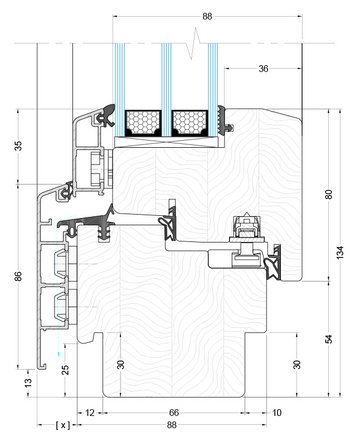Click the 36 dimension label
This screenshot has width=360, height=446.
point(263,69)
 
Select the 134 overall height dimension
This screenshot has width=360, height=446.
point(339,253)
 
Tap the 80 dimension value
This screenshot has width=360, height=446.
point(329,194)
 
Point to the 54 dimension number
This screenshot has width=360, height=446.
point(329,339)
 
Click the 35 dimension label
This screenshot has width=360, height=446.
point(19,146)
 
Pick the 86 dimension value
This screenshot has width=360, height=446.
point(19,276)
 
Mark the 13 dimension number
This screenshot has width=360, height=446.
point(29,382)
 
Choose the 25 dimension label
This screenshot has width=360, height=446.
point(66,370)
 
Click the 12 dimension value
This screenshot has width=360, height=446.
point(90,413)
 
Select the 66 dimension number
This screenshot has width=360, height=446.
point(174,413)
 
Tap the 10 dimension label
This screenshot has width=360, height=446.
point(277,413)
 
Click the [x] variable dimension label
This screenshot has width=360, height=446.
point(63,425)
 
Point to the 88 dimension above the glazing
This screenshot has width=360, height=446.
point(207,16)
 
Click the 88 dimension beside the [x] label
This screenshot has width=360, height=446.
point(171,425)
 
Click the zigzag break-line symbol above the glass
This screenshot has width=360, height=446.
point(194,43)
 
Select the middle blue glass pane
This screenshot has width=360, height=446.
point(166,90)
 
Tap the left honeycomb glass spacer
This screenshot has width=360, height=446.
point(143,123)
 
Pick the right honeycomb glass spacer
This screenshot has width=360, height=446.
point(190,123)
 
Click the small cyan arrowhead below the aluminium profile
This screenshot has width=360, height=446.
point(59,354)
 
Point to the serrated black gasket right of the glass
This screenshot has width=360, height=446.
point(221,121)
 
